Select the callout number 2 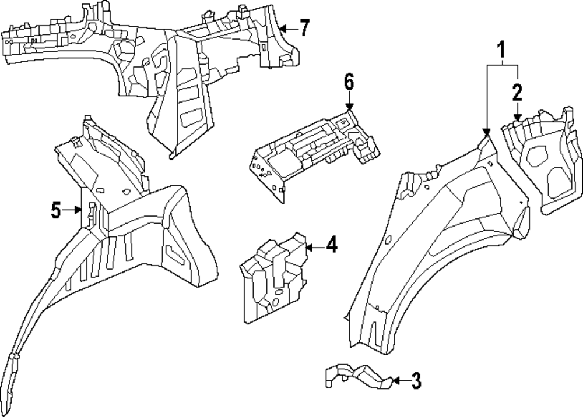(x=517, y=92)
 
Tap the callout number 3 (x=415, y=381)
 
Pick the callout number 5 (x=55, y=210)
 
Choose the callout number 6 (x=349, y=82)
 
